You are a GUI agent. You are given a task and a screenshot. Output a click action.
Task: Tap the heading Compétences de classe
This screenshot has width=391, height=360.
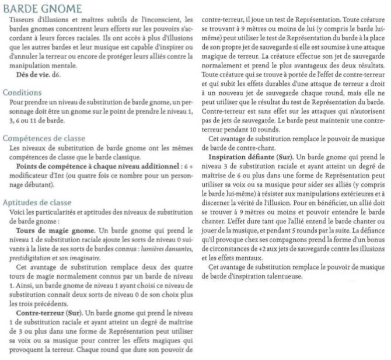tap(44, 138)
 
